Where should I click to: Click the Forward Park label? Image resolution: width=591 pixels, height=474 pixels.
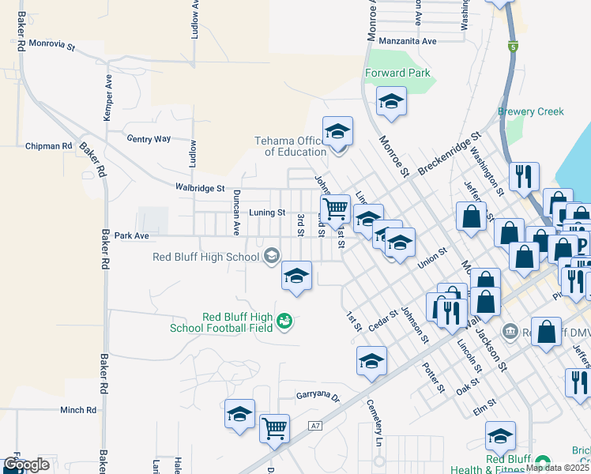(397, 73)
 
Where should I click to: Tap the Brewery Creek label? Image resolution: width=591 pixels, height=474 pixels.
(530, 111)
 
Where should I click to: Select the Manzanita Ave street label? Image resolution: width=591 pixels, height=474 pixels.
(407, 40)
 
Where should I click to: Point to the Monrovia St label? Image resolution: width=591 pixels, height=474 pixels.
(48, 47)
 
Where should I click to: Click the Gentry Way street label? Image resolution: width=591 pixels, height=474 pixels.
(149, 138)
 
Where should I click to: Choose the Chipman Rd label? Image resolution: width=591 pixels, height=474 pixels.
(48, 146)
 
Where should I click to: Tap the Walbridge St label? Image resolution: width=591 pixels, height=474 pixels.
(200, 188)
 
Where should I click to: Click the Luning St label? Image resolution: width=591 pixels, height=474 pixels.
(267, 213)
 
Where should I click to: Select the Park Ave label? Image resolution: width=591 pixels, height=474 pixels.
(131, 235)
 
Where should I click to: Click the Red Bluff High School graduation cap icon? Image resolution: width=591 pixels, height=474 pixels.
(272, 254)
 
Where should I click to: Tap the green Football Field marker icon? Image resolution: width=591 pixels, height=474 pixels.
(284, 321)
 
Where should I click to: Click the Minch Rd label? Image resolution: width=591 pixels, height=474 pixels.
(77, 410)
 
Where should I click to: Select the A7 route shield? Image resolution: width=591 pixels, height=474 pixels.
(316, 426)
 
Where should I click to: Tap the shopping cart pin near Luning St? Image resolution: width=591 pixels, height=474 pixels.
(336, 209)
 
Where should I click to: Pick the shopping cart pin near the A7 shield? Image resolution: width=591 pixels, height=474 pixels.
(274, 428)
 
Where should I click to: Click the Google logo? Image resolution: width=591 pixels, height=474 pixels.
(26, 465)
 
